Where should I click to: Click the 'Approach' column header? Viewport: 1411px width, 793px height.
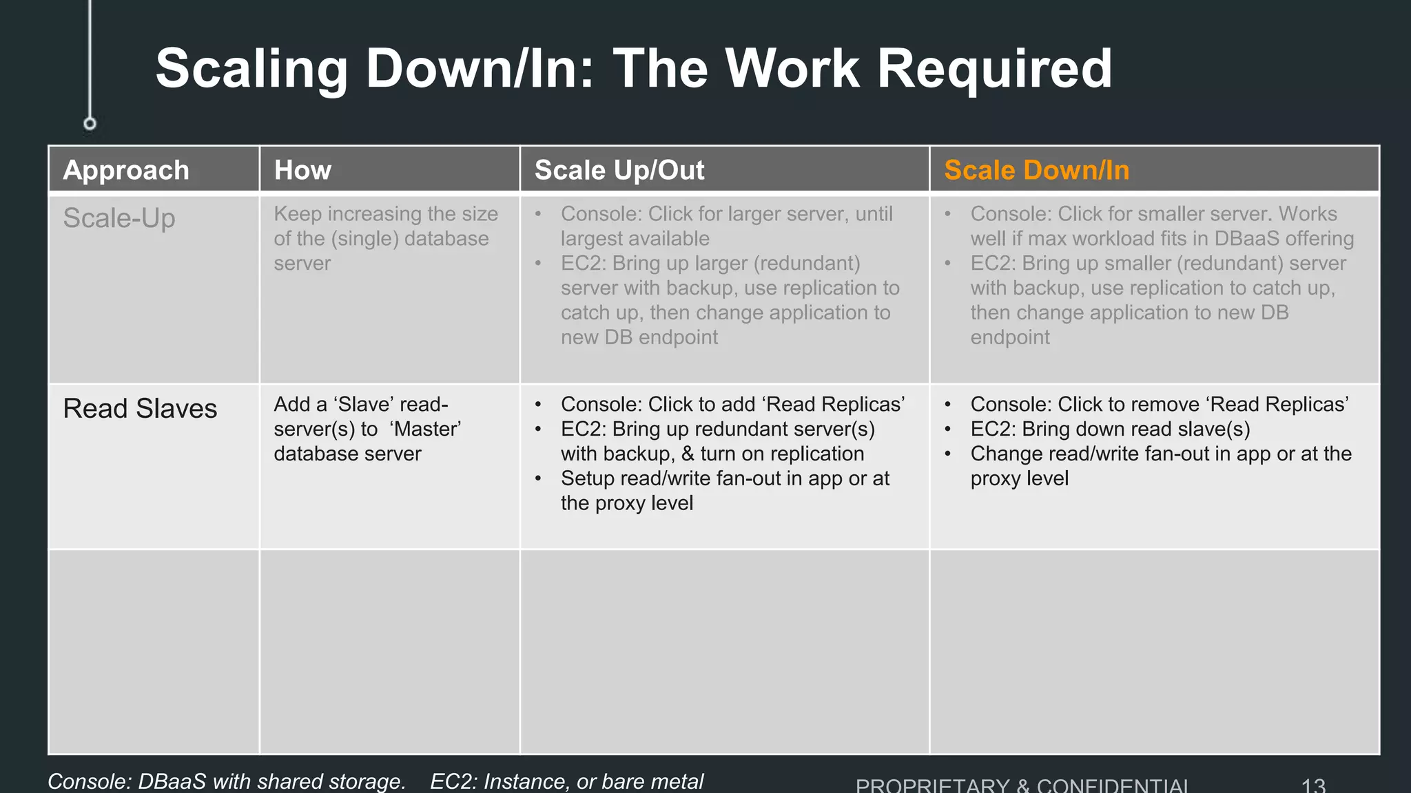(126, 170)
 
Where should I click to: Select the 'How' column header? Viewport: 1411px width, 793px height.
(302, 170)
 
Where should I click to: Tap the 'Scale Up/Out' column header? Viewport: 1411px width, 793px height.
(619, 170)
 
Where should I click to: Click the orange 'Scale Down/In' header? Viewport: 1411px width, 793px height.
(1036, 170)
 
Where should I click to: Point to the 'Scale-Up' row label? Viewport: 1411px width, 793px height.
(119, 218)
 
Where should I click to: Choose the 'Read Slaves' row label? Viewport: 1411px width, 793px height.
(140, 408)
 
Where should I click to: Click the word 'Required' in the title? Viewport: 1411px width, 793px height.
(994, 69)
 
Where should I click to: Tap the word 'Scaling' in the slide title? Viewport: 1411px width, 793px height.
(252, 69)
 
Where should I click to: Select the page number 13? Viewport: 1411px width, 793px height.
(1313, 785)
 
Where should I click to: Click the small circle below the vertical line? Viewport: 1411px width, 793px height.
(90, 124)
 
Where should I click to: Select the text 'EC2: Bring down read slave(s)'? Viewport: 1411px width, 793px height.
(1110, 429)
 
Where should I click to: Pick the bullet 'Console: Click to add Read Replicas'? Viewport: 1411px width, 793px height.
(732, 404)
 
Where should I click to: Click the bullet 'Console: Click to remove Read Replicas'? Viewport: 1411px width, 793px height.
(1159, 404)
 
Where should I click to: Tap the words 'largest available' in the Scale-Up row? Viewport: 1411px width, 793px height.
(635, 239)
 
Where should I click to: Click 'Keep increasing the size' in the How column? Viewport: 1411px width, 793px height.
(386, 214)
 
